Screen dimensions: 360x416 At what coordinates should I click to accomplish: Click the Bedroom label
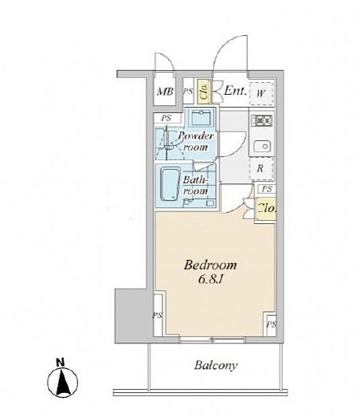pyautogui.click(x=210, y=265)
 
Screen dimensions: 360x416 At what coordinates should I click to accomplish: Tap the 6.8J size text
pyautogui.click(x=210, y=280)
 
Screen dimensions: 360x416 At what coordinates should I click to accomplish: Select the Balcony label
pyautogui.click(x=216, y=365)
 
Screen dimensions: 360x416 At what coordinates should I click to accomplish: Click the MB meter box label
pyautogui.click(x=165, y=92)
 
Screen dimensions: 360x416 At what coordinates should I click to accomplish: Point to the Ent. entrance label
pyautogui.click(x=236, y=91)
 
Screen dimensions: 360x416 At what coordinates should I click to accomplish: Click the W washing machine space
pyautogui.click(x=261, y=93)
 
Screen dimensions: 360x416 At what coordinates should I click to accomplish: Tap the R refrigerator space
pyautogui.click(x=261, y=168)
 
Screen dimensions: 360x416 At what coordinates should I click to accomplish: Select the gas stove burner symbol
pyautogui.click(x=262, y=120)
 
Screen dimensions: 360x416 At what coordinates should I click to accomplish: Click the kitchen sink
pyautogui.click(x=262, y=146)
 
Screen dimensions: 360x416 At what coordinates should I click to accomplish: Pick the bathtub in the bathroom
pyautogui.click(x=170, y=184)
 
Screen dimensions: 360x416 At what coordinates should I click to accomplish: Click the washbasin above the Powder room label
pyautogui.click(x=202, y=117)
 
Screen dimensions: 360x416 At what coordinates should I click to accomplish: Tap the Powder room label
pyautogui.click(x=196, y=141)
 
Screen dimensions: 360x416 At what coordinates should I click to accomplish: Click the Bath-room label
pyautogui.click(x=195, y=185)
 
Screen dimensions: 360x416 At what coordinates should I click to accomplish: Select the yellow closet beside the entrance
pyautogui.click(x=204, y=92)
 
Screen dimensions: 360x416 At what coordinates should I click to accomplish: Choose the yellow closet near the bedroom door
pyautogui.click(x=266, y=209)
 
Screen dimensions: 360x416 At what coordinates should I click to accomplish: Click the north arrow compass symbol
pyautogui.click(x=63, y=383)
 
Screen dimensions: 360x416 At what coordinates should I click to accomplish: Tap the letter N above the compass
pyautogui.click(x=61, y=363)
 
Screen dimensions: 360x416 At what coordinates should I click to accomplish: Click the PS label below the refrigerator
pyautogui.click(x=267, y=189)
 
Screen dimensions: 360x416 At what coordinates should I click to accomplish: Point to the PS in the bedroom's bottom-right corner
pyautogui.click(x=272, y=324)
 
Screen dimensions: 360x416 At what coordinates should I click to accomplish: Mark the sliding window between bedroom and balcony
pyautogui.click(x=212, y=339)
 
